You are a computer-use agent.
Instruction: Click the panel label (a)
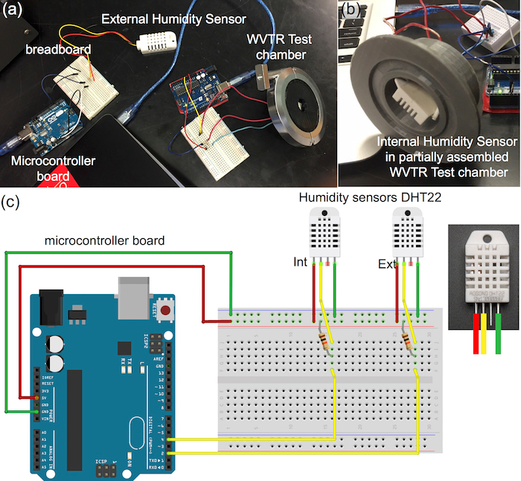(13, 10)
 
